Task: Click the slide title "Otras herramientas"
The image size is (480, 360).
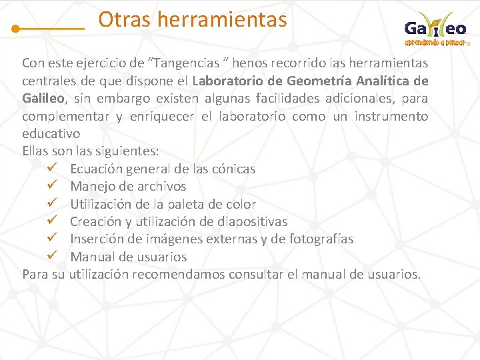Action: click(x=193, y=20)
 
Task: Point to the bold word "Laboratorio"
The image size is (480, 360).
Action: click(x=229, y=81)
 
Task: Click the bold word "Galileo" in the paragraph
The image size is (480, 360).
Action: click(x=43, y=99)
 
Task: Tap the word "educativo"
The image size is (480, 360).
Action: click(x=51, y=133)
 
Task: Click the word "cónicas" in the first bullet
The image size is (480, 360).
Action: click(x=233, y=169)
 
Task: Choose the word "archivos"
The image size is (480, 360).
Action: click(x=161, y=186)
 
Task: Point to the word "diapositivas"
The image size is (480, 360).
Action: click(x=250, y=221)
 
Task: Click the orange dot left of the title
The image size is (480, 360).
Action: click(x=16, y=29)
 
